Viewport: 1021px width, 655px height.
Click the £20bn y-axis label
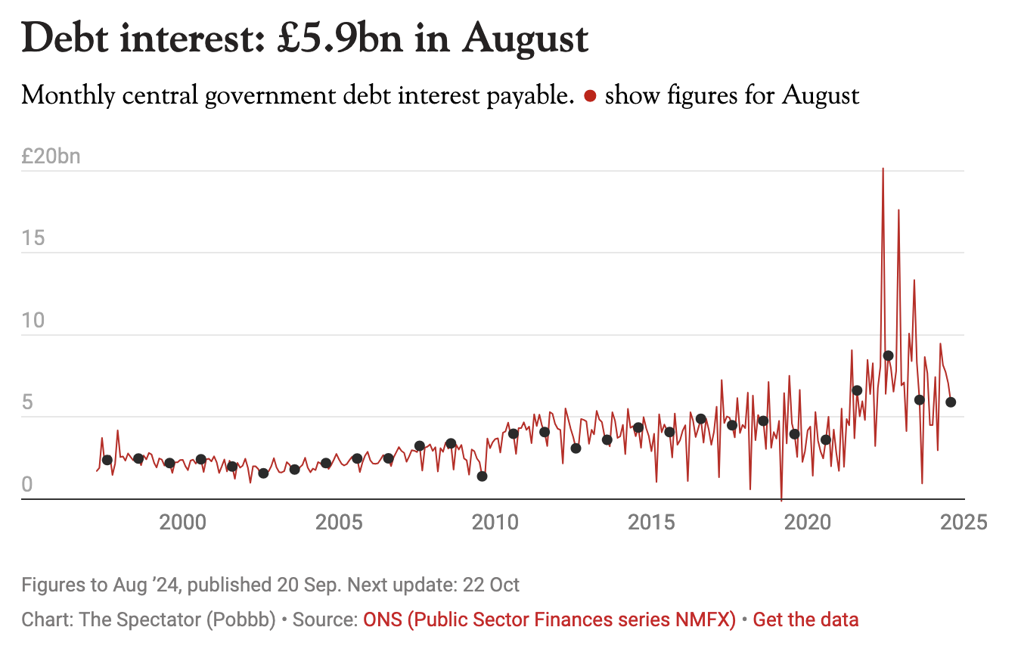[x=51, y=157]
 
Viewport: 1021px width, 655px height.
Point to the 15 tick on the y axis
[x=33, y=239]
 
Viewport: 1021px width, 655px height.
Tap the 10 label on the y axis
[x=33, y=321]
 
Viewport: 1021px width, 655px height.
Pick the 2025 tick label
[x=966, y=522]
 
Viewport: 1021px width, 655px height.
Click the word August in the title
[x=525, y=39]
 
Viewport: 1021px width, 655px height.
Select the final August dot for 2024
[x=951, y=402]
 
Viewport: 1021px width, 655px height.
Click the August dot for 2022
[x=888, y=355]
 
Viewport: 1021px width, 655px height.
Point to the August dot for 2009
[x=482, y=476]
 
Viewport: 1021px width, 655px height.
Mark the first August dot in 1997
[x=107, y=460]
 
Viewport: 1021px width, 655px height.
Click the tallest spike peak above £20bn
[x=883, y=169]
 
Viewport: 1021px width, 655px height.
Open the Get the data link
[x=805, y=620]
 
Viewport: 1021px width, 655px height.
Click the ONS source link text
[x=550, y=620]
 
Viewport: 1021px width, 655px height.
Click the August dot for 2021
[x=857, y=390]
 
